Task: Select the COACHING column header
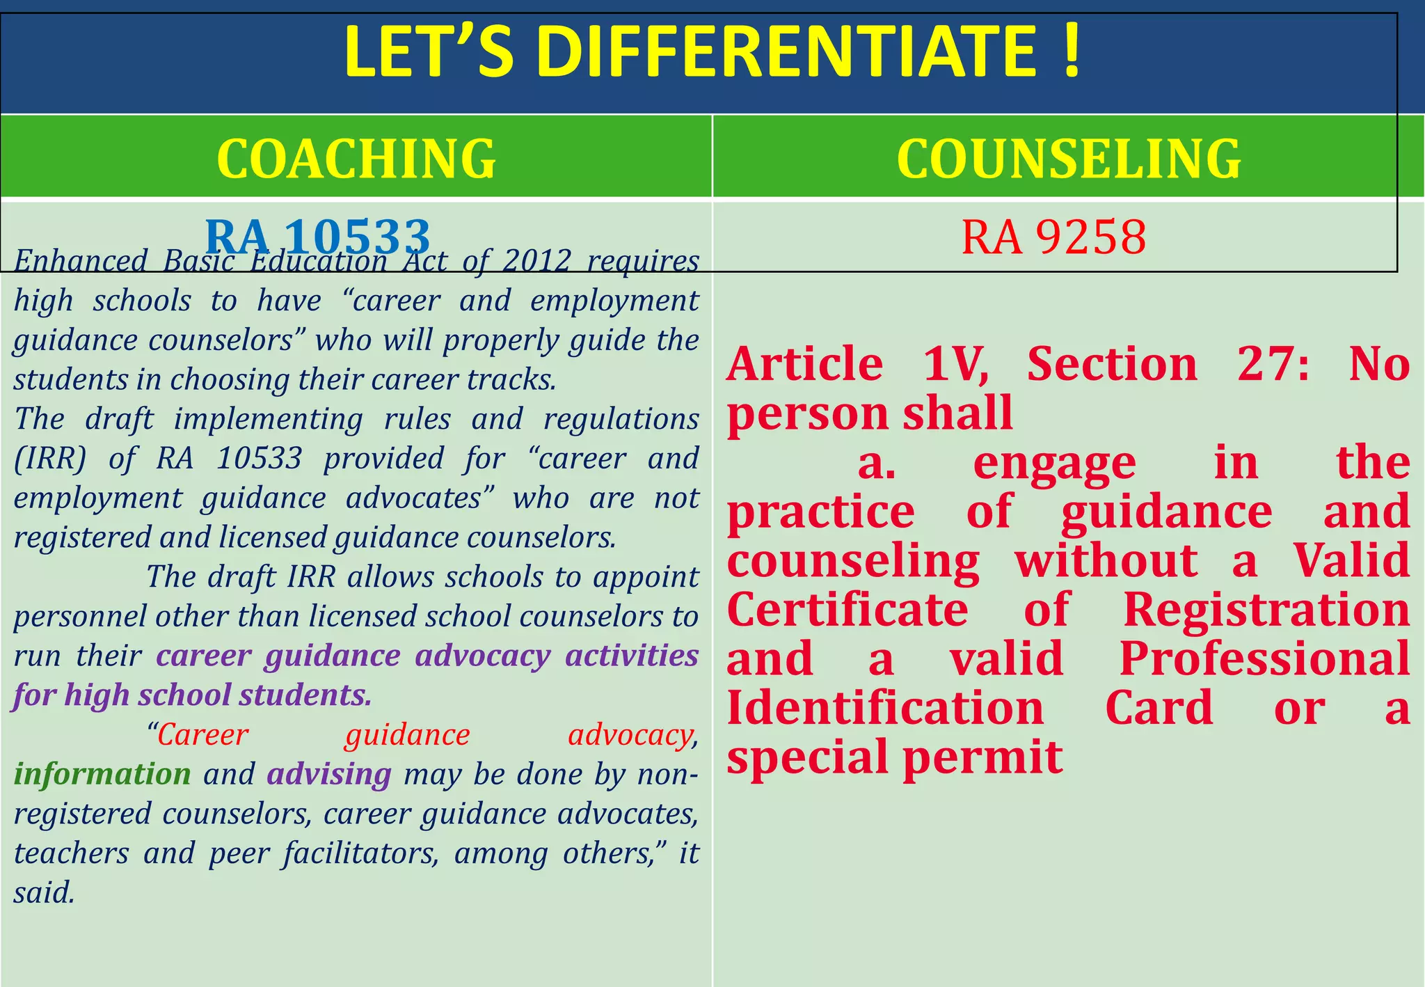pos(356,158)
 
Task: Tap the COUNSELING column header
pos(1069,158)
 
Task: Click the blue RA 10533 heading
pos(318,236)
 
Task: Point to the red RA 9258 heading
pos(1053,237)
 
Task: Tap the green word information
pos(102,774)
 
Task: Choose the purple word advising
pos(329,774)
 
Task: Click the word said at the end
pos(43,893)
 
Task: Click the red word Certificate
pos(847,610)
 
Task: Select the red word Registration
pos(1266,610)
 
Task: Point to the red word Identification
pos(885,708)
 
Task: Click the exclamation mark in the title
pos(1072,52)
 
